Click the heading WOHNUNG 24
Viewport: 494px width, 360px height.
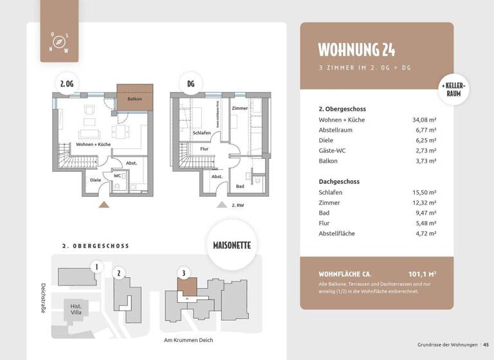357,50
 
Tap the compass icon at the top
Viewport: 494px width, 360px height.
59,42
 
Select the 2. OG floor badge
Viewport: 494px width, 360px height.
66,84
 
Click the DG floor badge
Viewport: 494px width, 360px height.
190,84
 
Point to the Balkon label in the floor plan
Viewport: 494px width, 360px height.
134,99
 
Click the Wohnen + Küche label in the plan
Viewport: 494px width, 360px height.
93,145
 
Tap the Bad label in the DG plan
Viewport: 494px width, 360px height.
240,186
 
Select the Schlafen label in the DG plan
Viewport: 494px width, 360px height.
201,133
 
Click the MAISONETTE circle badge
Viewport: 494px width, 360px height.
232,245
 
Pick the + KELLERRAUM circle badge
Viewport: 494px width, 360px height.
453,89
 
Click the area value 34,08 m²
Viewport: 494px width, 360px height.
424,120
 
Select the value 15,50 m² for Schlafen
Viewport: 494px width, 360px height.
424,192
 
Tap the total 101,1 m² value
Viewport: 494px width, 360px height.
422,273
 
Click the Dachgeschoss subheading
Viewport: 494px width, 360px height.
339,181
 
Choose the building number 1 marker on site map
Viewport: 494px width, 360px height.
96,267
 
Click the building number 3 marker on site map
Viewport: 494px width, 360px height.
184,273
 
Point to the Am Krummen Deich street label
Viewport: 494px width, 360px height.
188,340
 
